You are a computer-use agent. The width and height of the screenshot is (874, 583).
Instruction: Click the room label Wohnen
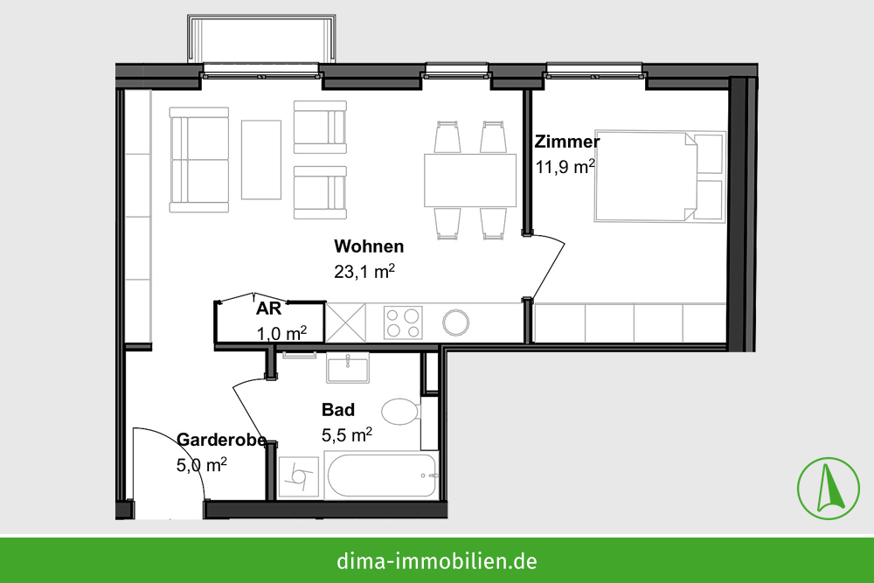(x=369, y=246)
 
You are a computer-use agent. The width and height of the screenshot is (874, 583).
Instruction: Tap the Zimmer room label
(x=567, y=142)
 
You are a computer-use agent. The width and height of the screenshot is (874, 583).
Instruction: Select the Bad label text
(x=338, y=410)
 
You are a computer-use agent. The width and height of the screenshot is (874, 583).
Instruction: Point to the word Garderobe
(x=222, y=440)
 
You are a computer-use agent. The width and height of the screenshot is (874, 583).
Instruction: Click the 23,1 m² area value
(x=364, y=272)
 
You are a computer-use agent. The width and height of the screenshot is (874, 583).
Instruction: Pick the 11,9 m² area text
(x=565, y=167)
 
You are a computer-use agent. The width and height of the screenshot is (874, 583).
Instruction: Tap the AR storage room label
(x=268, y=309)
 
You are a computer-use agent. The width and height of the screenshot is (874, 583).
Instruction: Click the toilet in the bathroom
(x=401, y=412)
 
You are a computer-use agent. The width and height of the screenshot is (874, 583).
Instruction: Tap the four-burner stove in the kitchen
(x=403, y=323)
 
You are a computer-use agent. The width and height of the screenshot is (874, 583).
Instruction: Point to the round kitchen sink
(x=456, y=323)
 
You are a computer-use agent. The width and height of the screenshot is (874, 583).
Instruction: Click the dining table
(x=470, y=181)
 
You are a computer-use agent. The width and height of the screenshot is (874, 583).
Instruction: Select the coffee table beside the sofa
(x=260, y=159)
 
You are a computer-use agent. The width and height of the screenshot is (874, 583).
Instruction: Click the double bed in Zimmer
(x=660, y=177)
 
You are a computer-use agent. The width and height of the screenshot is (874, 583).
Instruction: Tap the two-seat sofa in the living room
(x=199, y=160)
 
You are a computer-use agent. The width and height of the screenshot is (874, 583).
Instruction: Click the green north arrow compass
(x=829, y=489)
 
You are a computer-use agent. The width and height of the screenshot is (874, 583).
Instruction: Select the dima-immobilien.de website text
(x=437, y=560)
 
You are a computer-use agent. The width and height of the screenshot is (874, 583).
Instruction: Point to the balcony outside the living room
(x=262, y=39)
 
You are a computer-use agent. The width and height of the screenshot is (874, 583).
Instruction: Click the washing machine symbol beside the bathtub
(x=299, y=477)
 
